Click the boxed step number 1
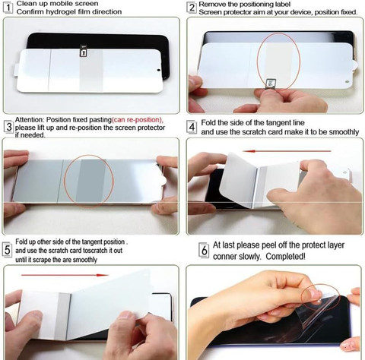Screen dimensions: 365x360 tap(8, 8)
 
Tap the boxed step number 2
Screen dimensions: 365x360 tap(192, 8)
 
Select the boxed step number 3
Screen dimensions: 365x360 tap(9, 127)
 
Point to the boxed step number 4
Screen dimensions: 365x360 tap(192, 127)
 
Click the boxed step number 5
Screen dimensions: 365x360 tap(8, 250)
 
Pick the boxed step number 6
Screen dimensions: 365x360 tap(204, 251)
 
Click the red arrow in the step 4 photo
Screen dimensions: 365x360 tap(287, 151)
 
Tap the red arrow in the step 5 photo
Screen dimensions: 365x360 tap(65, 275)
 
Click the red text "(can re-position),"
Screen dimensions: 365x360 tap(138, 119)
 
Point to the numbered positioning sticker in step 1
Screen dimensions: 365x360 tap(83, 52)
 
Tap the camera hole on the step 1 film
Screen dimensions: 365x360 tap(159, 70)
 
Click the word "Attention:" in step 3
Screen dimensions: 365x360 tap(30, 119)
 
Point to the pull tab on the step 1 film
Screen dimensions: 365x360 tap(16, 70)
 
